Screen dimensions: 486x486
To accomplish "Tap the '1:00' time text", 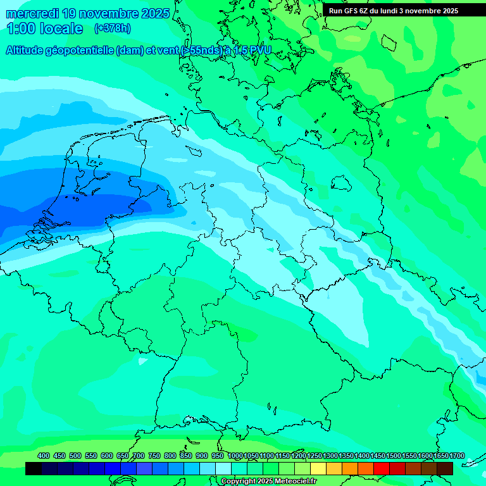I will point(21,28).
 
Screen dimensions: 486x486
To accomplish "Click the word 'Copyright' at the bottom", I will point(239,482).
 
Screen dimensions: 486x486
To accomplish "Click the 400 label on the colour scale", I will point(44,456).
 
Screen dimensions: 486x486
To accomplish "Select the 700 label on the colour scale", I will point(139,456).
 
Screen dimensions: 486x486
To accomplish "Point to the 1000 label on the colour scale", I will point(235,456).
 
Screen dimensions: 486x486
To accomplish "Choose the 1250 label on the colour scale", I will point(315,456).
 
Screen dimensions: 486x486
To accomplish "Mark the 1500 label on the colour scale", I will point(394,456).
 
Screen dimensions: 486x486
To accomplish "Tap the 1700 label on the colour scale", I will point(457,456).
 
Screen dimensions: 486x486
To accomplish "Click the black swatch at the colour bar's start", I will point(34,468).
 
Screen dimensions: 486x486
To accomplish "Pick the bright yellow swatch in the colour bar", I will point(318,468).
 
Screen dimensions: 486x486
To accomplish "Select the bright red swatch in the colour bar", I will point(382,468).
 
